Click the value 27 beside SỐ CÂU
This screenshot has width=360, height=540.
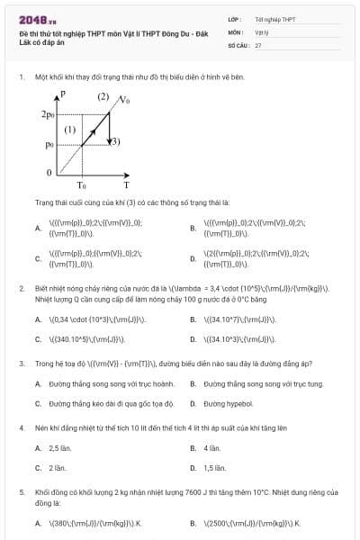(258, 43)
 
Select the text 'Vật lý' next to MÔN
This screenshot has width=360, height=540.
(262, 31)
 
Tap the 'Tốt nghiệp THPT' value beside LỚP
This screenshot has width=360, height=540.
(274, 19)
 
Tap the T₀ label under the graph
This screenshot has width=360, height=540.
(81, 184)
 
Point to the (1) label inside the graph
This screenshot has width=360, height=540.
(70, 130)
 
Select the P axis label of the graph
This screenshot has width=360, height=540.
(61, 94)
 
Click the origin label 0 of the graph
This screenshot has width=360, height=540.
(49, 170)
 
